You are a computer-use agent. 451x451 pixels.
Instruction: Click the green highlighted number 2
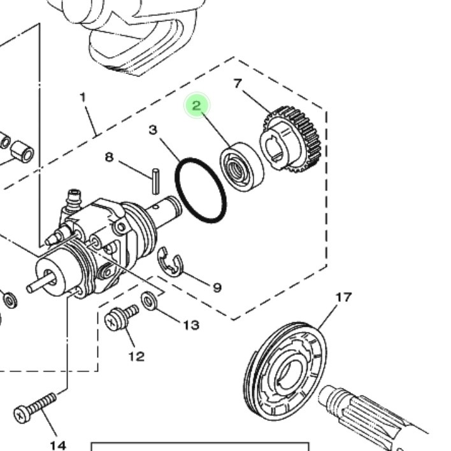pyautogui.click(x=197, y=105)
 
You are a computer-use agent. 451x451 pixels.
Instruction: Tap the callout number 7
pyautogui.click(x=238, y=83)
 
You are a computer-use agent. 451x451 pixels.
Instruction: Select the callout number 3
pyautogui.click(x=153, y=130)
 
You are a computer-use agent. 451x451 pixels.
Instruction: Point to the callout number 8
pyautogui.click(x=110, y=157)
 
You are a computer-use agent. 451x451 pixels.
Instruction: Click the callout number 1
pyautogui.click(x=83, y=97)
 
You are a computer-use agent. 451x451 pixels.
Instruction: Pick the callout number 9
pyautogui.click(x=217, y=287)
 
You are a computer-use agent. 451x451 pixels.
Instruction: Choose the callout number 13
pyautogui.click(x=192, y=326)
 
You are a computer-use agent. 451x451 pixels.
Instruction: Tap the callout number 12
pyautogui.click(x=136, y=357)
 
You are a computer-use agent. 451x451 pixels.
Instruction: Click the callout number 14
pyautogui.click(x=58, y=446)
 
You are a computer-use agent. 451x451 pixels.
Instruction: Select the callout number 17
pyautogui.click(x=344, y=297)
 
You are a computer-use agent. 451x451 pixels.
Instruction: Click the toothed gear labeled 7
pyautogui.click(x=290, y=140)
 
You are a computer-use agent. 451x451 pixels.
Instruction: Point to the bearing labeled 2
pyautogui.click(x=241, y=167)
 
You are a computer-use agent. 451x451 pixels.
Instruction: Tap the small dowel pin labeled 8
pyautogui.click(x=155, y=181)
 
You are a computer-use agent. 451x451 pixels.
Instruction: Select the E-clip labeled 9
pyautogui.click(x=170, y=262)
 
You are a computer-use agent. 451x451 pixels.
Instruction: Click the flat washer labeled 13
pyautogui.click(x=149, y=301)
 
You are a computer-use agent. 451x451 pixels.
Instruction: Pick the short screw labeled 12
pyautogui.click(x=122, y=317)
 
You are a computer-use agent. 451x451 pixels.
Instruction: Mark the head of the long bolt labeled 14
pyautogui.click(x=22, y=415)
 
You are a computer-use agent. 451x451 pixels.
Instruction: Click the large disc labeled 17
pyautogui.click(x=285, y=371)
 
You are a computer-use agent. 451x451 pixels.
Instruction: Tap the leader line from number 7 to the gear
pyautogui.click(x=257, y=102)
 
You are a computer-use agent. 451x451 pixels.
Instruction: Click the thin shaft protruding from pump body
pyautogui.click(x=39, y=283)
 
